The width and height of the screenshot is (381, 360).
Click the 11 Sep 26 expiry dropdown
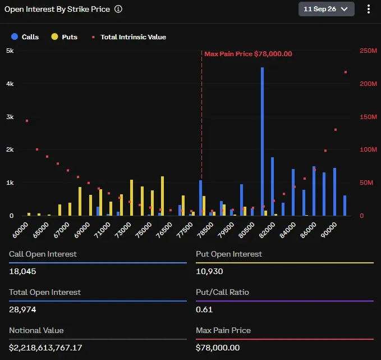click(x=327, y=9)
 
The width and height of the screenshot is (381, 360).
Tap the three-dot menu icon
click(x=369, y=9)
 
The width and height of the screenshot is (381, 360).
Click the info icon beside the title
click(x=118, y=9)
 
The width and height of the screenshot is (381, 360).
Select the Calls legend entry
click(x=25, y=37)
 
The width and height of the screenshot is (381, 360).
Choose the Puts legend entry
click(x=65, y=37)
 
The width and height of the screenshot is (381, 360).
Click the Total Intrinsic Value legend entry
click(x=129, y=37)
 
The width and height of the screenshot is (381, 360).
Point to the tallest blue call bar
click(x=262, y=142)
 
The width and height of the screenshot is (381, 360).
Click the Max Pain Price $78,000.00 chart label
click(x=248, y=54)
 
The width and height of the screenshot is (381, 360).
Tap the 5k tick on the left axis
click(x=10, y=51)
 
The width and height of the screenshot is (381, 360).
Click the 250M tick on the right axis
click(x=368, y=51)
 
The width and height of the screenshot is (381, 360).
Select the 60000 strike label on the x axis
click(x=20, y=230)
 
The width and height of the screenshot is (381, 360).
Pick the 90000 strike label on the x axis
click(x=329, y=230)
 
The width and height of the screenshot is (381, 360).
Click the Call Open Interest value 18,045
click(x=22, y=271)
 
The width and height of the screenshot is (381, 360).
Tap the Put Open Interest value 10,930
click(x=209, y=271)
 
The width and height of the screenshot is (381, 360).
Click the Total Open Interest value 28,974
click(x=22, y=309)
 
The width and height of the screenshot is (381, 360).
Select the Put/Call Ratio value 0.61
click(x=204, y=309)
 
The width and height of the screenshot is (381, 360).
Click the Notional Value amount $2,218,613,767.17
click(x=45, y=348)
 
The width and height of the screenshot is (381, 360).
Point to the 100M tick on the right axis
click(x=368, y=149)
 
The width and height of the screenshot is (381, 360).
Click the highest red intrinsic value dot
click(x=346, y=72)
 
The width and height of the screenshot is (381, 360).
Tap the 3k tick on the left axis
click(x=10, y=117)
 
